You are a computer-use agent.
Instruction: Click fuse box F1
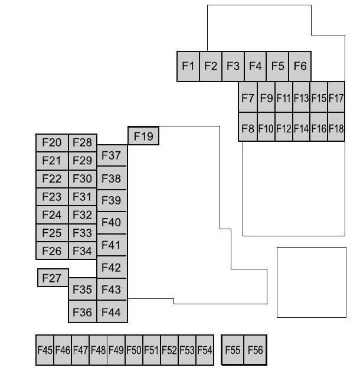click(188, 66)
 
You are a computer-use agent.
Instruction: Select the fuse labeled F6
click(300, 66)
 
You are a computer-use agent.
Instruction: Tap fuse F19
click(143, 136)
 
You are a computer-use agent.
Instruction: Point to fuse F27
click(53, 278)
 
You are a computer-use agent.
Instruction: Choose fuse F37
click(112, 155)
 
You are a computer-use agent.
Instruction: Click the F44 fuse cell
click(112, 311)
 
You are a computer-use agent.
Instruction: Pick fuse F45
click(45, 350)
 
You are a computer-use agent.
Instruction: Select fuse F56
click(256, 350)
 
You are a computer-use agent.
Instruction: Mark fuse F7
click(248, 97)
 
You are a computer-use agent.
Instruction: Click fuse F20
click(52, 142)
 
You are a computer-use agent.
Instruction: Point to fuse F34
click(83, 251)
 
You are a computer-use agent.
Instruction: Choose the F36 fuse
click(83, 311)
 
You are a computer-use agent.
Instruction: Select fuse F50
click(134, 350)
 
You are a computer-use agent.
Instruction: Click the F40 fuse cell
click(112, 223)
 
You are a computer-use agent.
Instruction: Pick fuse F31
click(83, 197)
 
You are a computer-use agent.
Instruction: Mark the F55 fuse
click(233, 350)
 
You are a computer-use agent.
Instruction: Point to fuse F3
click(233, 66)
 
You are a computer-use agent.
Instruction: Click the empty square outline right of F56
click(312, 248)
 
